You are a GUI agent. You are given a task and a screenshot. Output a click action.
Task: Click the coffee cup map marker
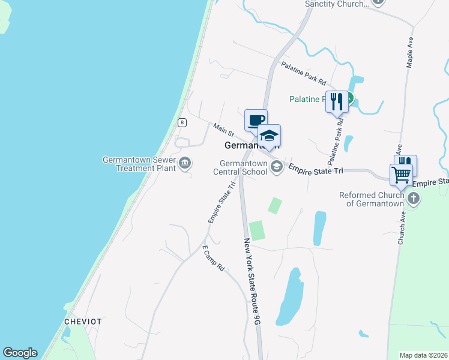256,120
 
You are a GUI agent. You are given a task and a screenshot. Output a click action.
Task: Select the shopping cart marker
401,175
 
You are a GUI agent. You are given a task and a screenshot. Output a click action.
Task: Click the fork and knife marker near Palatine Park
337,101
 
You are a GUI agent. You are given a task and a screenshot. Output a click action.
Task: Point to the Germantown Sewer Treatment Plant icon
184,162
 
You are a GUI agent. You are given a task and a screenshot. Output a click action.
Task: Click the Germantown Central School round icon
277,167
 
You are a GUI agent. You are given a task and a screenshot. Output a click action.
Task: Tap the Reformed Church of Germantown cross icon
413,199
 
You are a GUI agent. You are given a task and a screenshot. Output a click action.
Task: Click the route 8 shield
182,122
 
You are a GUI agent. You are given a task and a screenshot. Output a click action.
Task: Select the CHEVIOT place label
83,322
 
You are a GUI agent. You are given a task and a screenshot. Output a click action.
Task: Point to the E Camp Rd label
212,258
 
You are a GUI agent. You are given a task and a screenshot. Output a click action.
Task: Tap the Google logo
20,353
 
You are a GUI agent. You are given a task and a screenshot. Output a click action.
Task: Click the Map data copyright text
424,355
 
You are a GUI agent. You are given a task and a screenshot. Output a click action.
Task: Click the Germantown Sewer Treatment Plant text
139,164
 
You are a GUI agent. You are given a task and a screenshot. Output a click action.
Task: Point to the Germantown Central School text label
243,167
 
